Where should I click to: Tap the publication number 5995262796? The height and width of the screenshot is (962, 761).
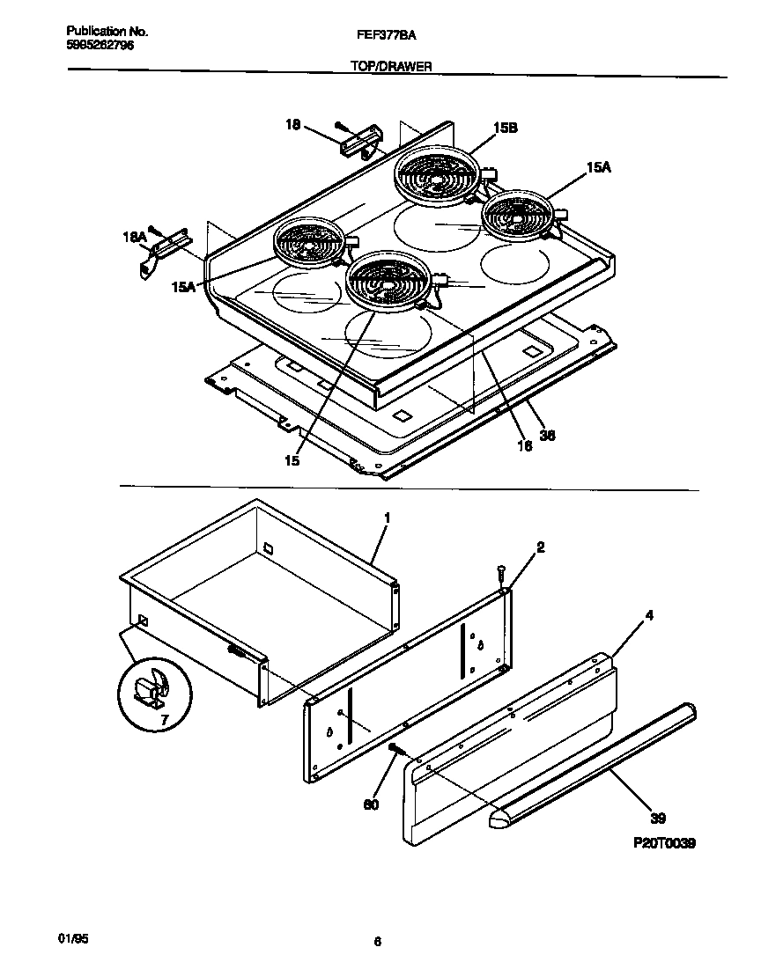tap(100, 45)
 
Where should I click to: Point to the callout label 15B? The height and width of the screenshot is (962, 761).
tap(505, 128)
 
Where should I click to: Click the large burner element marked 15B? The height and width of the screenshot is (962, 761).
tap(436, 175)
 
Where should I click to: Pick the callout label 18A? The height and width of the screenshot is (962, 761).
tap(134, 237)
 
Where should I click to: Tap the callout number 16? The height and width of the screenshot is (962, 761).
tap(524, 446)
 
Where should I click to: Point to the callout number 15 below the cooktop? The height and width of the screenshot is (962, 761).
tap(292, 459)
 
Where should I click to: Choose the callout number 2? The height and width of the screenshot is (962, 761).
tap(540, 547)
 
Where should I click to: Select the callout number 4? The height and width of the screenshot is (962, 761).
tap(649, 616)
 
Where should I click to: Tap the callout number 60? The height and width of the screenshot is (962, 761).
tap(372, 804)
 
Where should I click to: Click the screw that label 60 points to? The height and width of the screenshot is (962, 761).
tap(395, 751)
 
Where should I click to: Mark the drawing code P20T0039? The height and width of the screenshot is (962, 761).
tap(664, 842)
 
